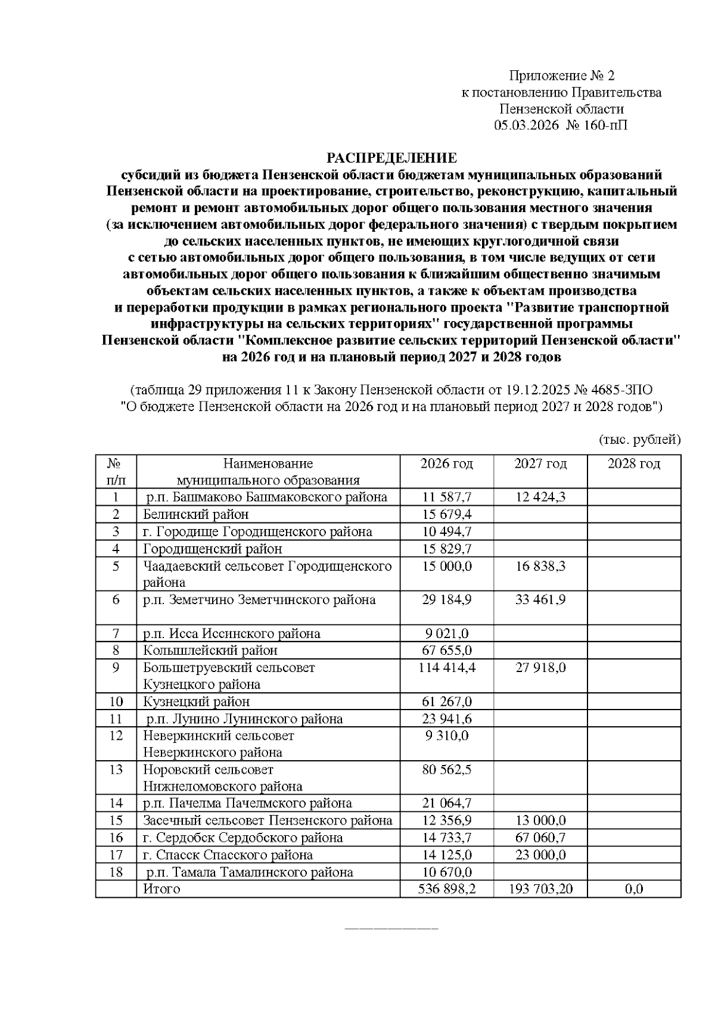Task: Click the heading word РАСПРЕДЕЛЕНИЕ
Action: click(391, 158)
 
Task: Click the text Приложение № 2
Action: click(561, 76)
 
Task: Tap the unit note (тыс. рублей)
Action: click(639, 440)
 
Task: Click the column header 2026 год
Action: click(446, 463)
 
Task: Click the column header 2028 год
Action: click(633, 463)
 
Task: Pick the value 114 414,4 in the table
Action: click(446, 667)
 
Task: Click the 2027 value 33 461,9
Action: click(540, 599)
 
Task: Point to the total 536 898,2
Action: click(446, 889)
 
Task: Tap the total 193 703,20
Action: click(540, 889)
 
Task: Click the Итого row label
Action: click(161, 889)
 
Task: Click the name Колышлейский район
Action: click(210, 651)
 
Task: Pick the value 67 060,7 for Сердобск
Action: click(540, 838)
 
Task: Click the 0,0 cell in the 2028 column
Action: click(633, 889)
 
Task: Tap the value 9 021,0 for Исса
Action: click(446, 633)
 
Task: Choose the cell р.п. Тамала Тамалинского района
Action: click(249, 872)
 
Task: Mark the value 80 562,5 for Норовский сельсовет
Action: click(446, 770)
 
